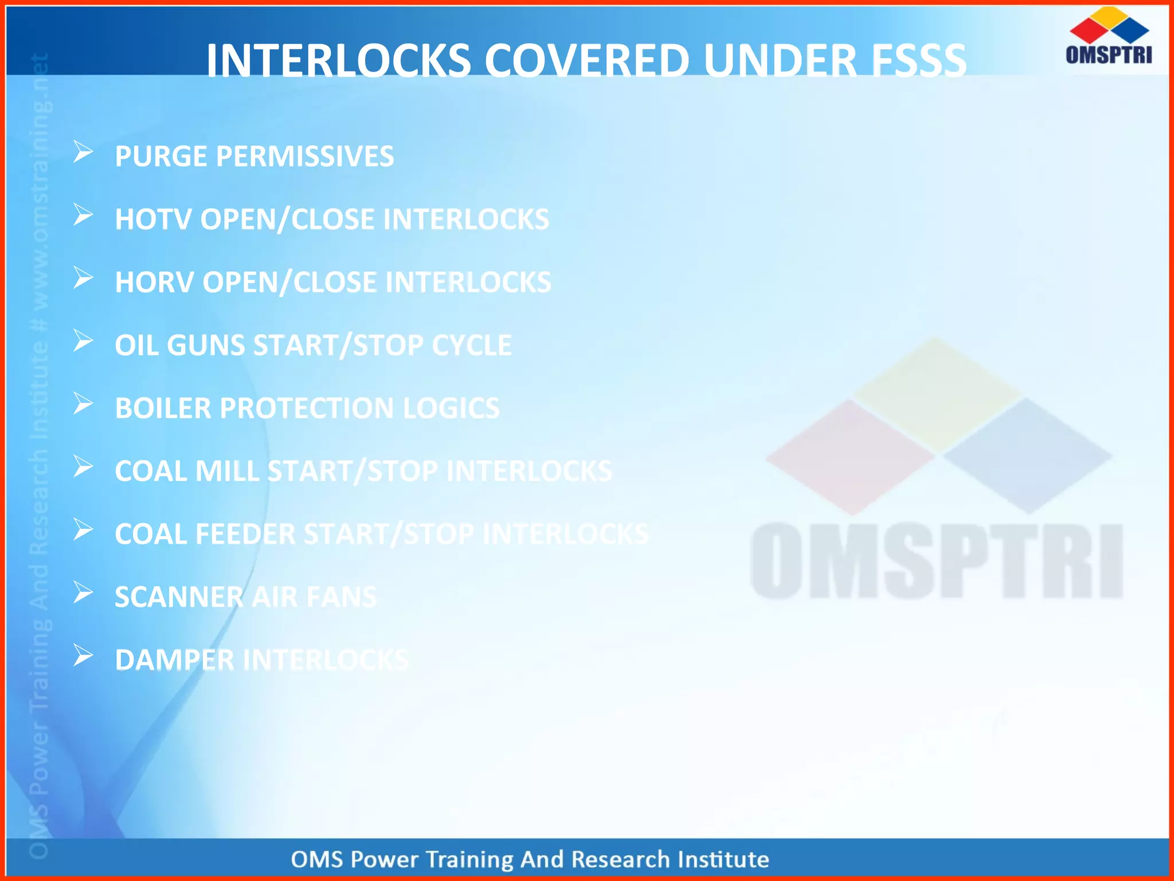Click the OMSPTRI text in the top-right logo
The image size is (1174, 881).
coord(1109,54)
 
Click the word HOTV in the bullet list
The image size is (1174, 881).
coord(152,219)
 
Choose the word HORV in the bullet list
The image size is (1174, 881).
coord(154,282)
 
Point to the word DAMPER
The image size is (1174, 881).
coord(175,660)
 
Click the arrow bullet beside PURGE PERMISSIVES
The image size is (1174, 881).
coord(83,153)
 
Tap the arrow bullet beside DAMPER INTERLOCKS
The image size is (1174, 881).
coord(83,656)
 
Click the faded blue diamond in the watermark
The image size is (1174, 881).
coord(1028,456)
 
